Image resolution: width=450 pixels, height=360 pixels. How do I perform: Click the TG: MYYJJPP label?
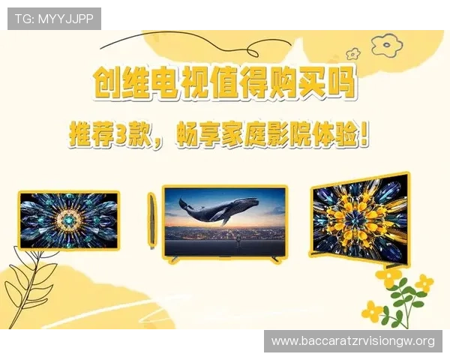pyautogui.click(x=54, y=19)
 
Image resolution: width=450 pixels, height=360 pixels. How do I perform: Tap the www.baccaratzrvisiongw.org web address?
pyautogui.click(x=353, y=341)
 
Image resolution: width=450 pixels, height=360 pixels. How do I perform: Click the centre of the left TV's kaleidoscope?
pyautogui.click(x=69, y=220)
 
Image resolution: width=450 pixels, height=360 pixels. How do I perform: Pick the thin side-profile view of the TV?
pyautogui.click(x=152, y=221)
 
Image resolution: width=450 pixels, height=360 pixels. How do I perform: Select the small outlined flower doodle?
pyautogui.click(x=352, y=55)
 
